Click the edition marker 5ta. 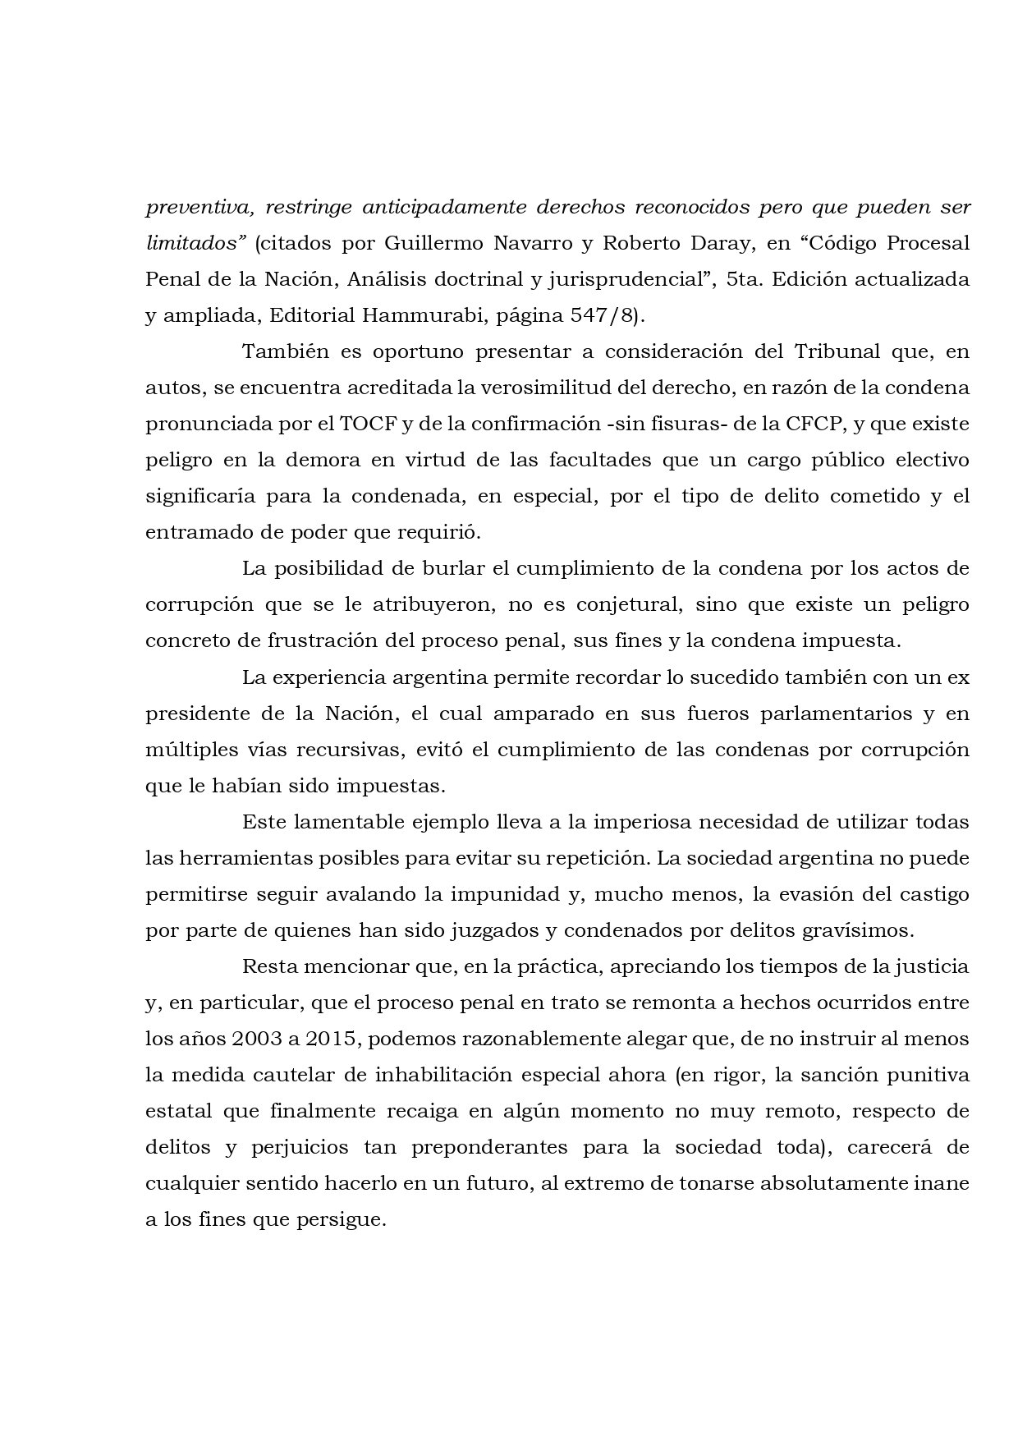tap(744, 279)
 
